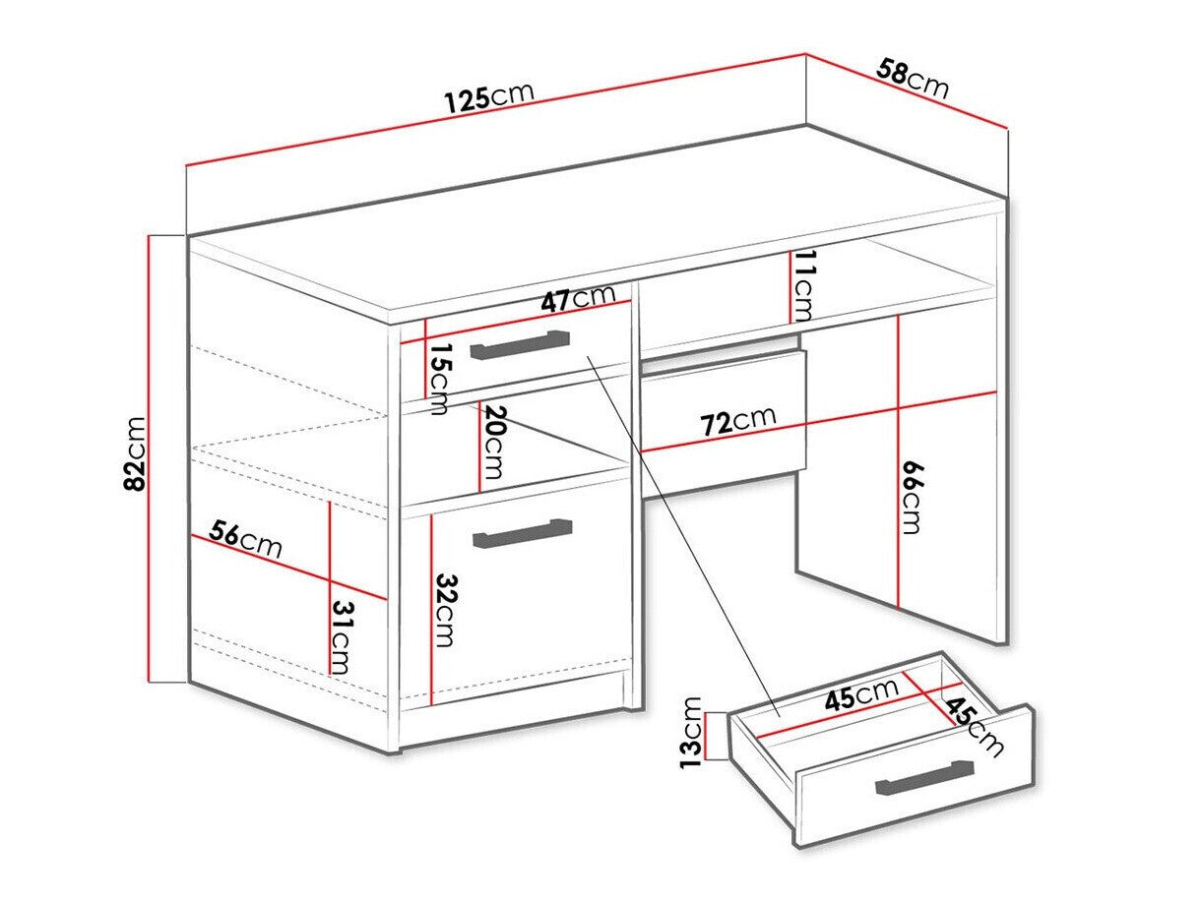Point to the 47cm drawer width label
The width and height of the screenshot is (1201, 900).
coord(577,298)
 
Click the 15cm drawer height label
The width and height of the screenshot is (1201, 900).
coord(439,378)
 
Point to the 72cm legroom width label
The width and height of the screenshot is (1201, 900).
coord(738,422)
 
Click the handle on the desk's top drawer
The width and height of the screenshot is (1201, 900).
coord(520,345)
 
